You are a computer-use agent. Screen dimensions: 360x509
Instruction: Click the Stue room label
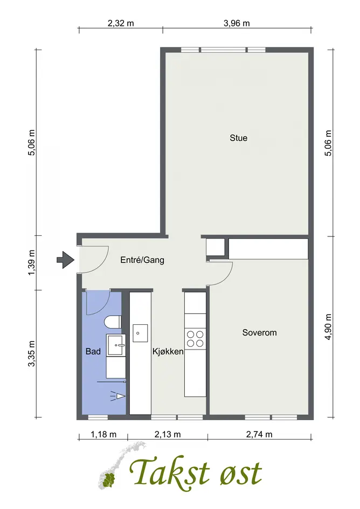click(239, 138)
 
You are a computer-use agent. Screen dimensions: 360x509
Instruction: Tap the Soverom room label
click(259, 332)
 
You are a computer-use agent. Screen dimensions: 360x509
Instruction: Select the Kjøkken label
click(168, 351)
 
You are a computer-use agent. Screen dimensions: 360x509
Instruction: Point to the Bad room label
click(93, 351)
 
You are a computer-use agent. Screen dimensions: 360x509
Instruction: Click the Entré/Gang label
click(142, 260)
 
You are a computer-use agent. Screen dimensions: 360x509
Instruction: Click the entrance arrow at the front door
click(66, 260)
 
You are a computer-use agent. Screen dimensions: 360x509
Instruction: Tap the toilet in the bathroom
click(113, 323)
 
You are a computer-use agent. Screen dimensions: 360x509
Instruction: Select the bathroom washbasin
click(116, 345)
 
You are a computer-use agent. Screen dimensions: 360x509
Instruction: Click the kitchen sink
click(140, 333)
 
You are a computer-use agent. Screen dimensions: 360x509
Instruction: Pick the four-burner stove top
click(195, 339)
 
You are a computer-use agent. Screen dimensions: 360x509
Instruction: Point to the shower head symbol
click(119, 396)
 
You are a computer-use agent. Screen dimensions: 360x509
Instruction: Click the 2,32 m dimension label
click(121, 23)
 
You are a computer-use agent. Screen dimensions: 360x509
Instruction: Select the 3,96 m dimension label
click(237, 23)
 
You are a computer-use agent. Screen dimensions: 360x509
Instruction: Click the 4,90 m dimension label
click(328, 327)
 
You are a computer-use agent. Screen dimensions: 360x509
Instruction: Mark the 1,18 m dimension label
click(103, 434)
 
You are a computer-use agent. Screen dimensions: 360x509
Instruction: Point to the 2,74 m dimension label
click(259, 434)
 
